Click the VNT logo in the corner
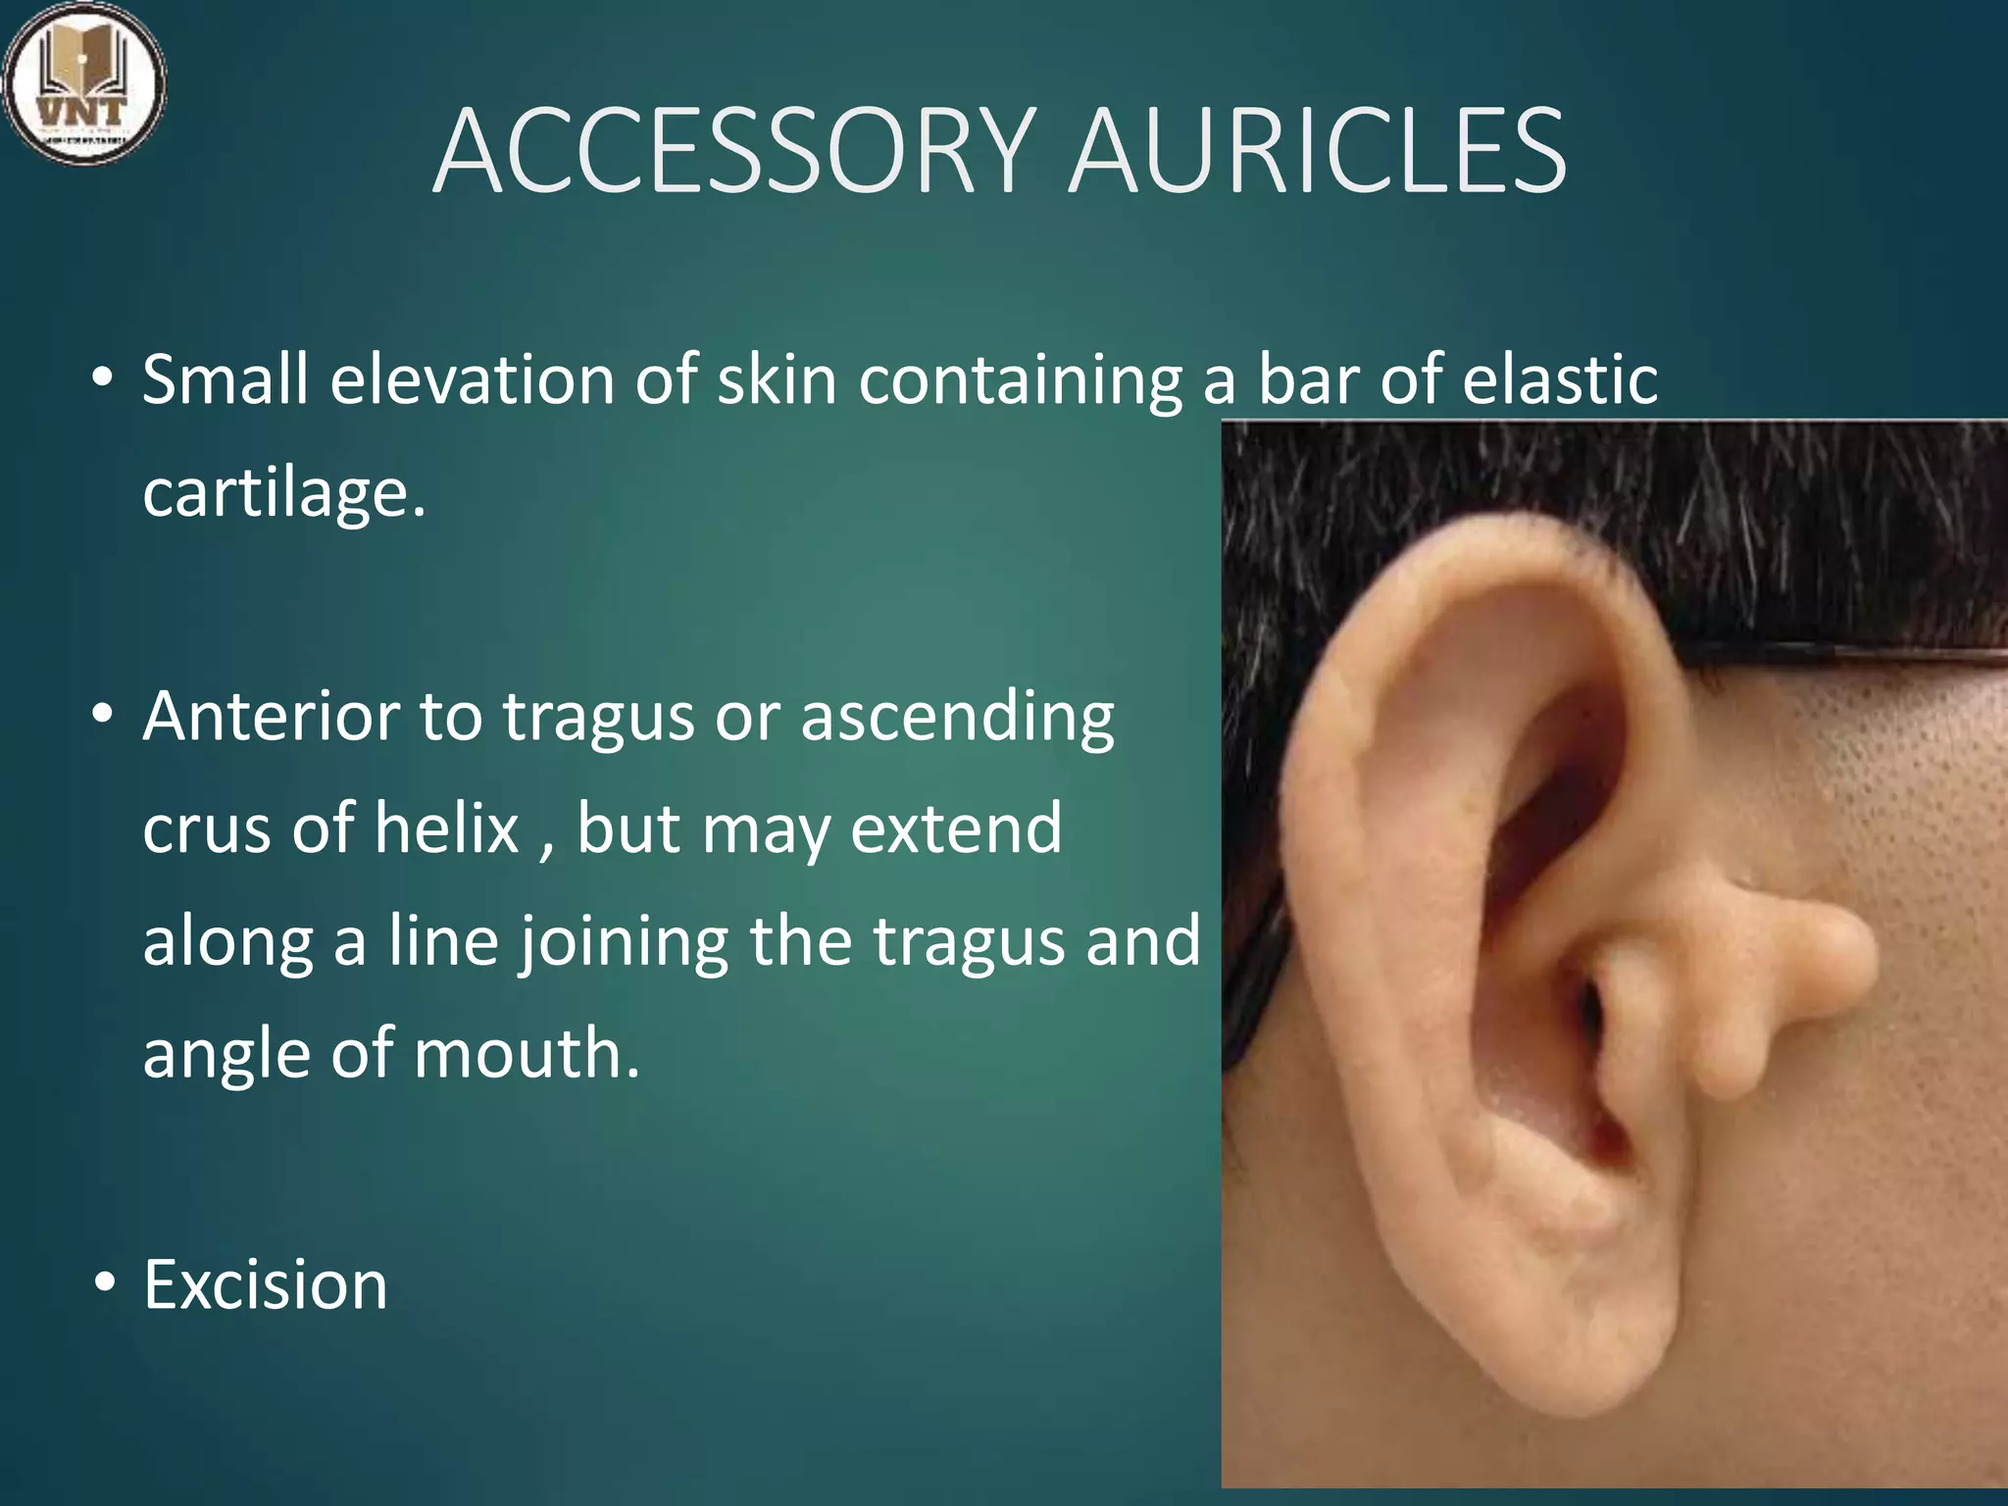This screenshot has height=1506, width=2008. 84,83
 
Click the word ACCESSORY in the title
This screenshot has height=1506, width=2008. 731,153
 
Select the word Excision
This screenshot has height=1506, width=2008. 266,1284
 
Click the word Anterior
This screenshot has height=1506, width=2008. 270,716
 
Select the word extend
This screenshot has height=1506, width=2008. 956,828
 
